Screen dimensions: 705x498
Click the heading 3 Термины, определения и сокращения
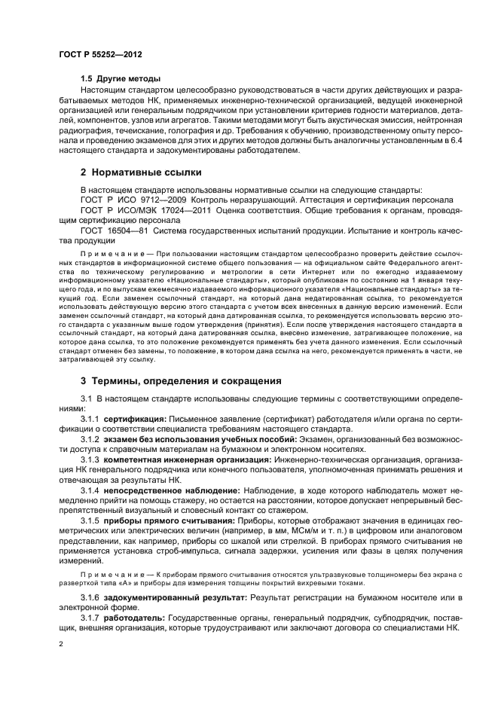[181, 380]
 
